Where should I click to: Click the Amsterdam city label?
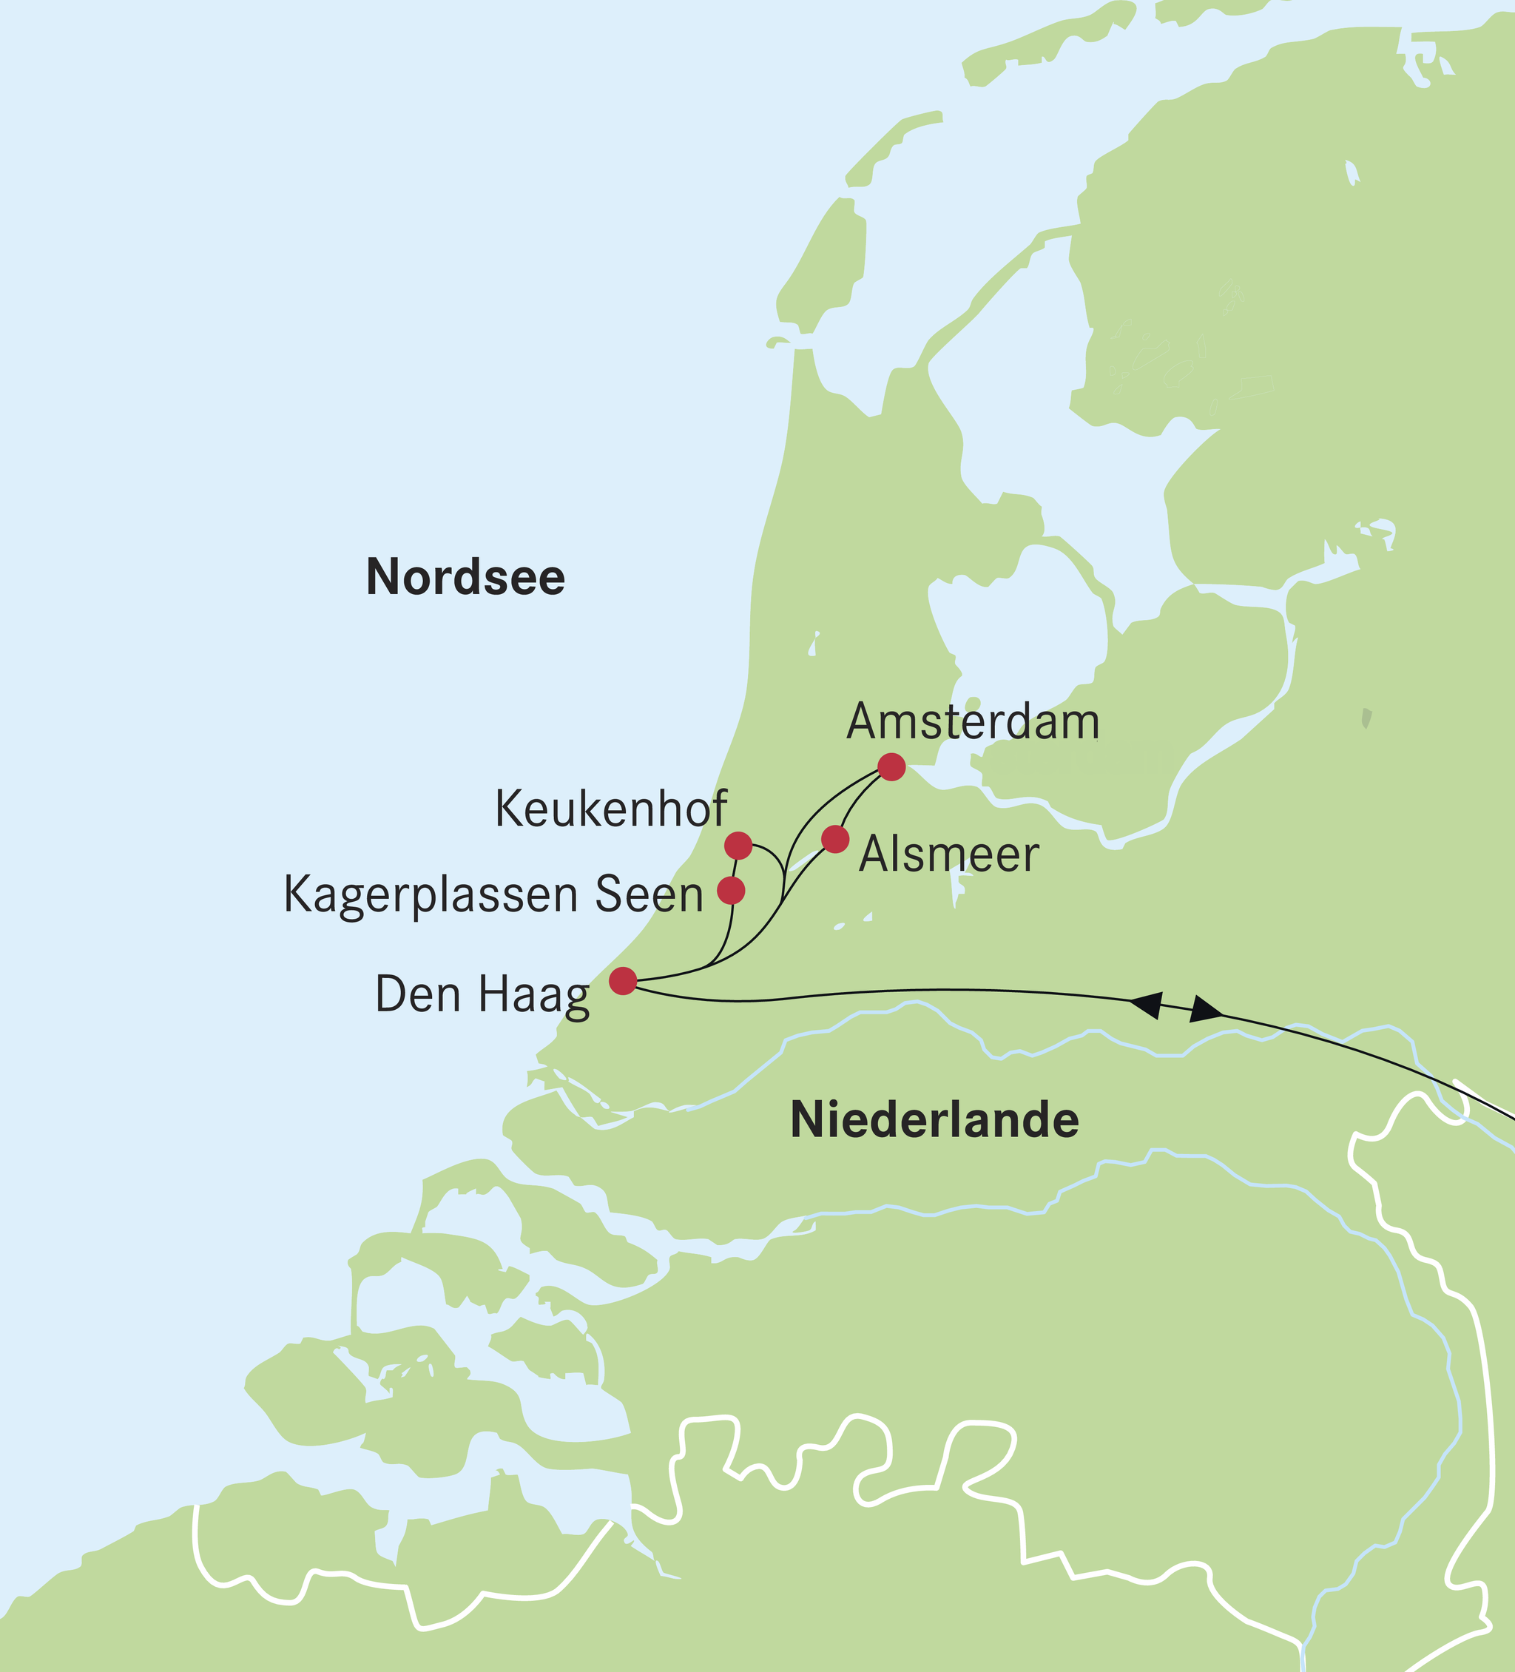point(973,721)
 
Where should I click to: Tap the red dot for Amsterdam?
point(891,767)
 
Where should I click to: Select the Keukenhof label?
point(610,809)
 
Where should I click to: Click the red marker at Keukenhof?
point(738,846)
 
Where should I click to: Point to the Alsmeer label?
point(948,854)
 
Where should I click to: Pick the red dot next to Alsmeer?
point(835,839)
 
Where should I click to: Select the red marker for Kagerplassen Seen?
point(731,891)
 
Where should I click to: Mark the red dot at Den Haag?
point(623,981)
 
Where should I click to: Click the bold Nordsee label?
point(465,577)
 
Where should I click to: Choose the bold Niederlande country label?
point(934,1121)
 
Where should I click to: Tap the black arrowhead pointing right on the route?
point(1206,1011)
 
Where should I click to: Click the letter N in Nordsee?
point(382,577)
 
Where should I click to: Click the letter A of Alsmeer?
point(874,854)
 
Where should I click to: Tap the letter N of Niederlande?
point(809,1121)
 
